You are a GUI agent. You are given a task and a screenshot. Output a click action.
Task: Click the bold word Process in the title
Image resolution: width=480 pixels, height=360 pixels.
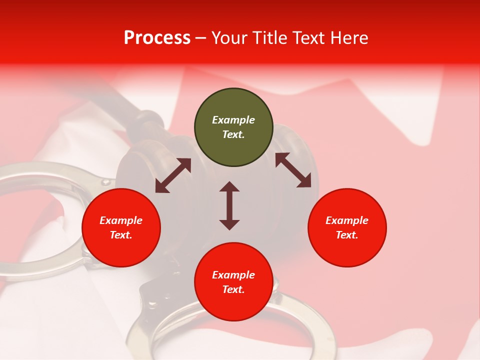click(157, 38)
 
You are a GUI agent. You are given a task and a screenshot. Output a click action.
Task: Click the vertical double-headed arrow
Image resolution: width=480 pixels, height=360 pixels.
click(229, 205)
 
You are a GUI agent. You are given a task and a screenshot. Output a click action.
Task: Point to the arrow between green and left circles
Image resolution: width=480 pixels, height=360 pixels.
click(173, 175)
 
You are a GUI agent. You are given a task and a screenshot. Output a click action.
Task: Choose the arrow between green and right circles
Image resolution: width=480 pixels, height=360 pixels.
click(293, 170)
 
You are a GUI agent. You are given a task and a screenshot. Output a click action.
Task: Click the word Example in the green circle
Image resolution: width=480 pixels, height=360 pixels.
click(233, 120)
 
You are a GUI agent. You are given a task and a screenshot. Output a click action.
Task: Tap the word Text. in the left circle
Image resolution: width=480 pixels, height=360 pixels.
click(121, 235)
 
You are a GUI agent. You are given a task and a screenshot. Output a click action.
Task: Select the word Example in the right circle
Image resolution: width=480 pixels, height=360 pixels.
click(347, 220)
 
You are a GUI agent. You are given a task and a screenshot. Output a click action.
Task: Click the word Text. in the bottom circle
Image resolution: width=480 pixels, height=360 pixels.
click(233, 289)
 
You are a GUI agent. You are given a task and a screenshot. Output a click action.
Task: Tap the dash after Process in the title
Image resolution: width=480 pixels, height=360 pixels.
click(200, 38)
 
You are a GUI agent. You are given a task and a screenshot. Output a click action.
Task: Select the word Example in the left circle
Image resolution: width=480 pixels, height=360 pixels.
click(121, 220)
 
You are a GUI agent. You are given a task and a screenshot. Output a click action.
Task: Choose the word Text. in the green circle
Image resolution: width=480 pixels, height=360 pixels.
click(233, 134)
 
